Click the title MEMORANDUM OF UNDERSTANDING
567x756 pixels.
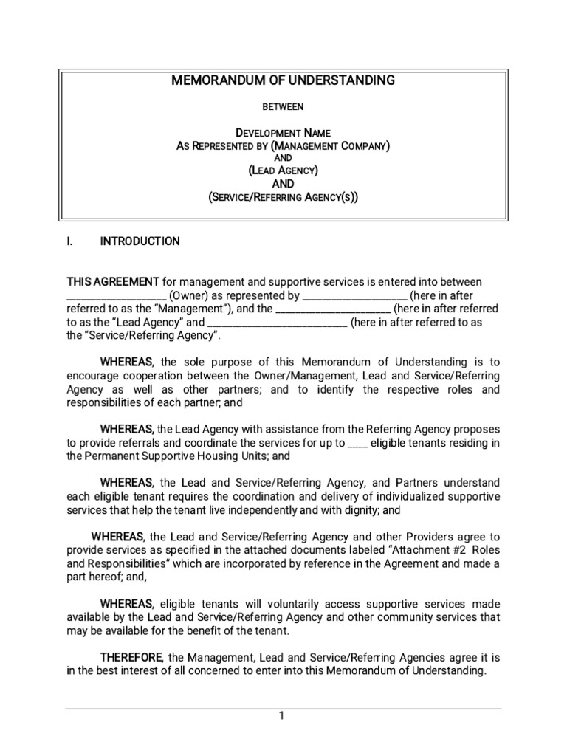pos(283,80)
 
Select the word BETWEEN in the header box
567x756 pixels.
pos(283,107)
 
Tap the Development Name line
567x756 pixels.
pos(283,133)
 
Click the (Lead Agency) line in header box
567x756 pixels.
pos(283,171)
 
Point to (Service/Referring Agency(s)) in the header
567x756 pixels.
pos(283,196)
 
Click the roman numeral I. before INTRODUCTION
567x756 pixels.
pos(72,241)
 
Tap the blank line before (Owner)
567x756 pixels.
pos(117,295)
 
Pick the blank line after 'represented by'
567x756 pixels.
pos(354,295)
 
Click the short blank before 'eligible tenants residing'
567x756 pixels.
pos(357,443)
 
